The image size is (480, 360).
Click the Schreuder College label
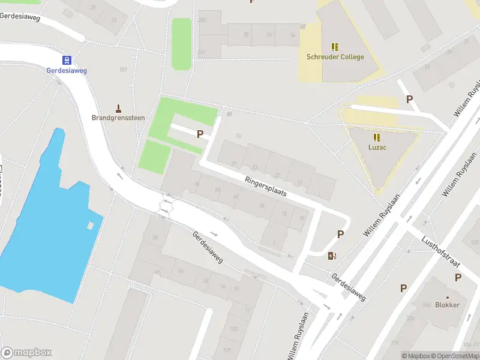[x=335, y=57]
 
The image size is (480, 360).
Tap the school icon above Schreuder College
[x=335, y=46]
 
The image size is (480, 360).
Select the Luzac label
[x=377, y=146]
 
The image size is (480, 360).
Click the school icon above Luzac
[x=377, y=137]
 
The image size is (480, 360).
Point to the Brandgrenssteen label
[x=118, y=118]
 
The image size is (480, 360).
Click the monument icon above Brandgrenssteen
[x=118, y=108]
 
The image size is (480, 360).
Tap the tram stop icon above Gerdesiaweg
[x=67, y=60]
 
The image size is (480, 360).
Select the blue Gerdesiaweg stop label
[x=67, y=70]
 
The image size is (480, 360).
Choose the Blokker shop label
[x=448, y=305]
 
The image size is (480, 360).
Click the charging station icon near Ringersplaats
[x=332, y=256]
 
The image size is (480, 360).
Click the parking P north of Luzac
[x=410, y=100]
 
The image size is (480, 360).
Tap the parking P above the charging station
[x=341, y=235]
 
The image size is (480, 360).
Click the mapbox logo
[x=26, y=352]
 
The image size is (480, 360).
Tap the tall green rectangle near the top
[x=181, y=43]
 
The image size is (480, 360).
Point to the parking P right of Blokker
[x=458, y=277]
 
